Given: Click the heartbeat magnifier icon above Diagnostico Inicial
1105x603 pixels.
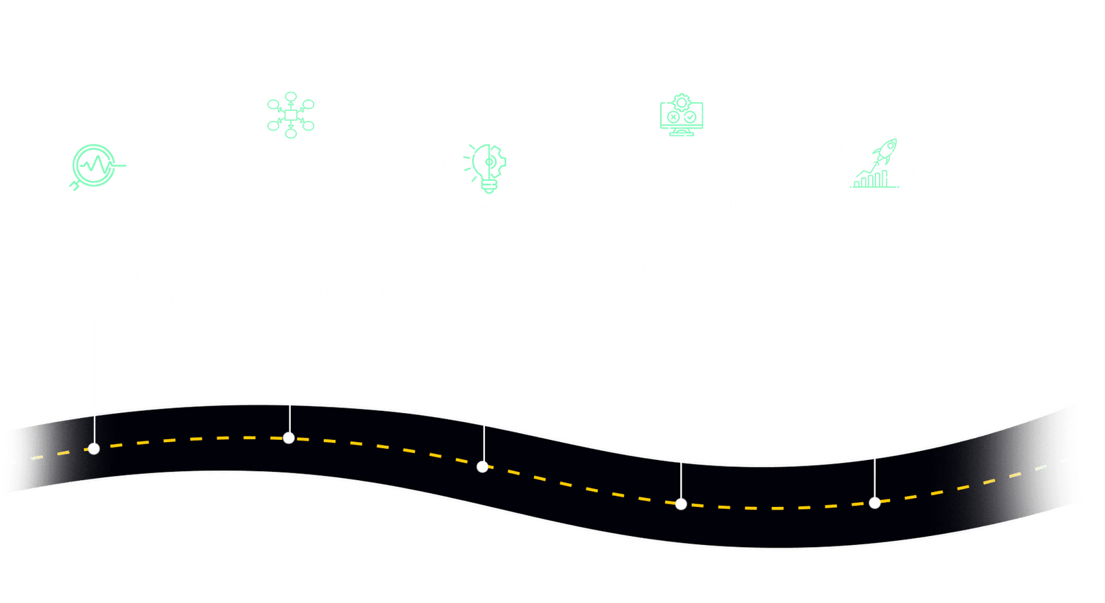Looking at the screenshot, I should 95,166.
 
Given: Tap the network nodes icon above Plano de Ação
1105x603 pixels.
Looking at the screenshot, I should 291,115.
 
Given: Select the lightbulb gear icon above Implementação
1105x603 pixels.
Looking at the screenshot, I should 483,168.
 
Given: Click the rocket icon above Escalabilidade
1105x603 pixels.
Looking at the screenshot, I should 876,166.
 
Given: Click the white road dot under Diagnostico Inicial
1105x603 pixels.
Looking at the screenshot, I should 94,449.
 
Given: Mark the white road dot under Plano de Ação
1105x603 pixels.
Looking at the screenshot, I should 289,438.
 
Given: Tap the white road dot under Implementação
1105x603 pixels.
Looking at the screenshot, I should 483,467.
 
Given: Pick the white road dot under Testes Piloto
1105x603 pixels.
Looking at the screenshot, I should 681,504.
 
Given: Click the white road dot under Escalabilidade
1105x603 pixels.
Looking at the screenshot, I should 875,503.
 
